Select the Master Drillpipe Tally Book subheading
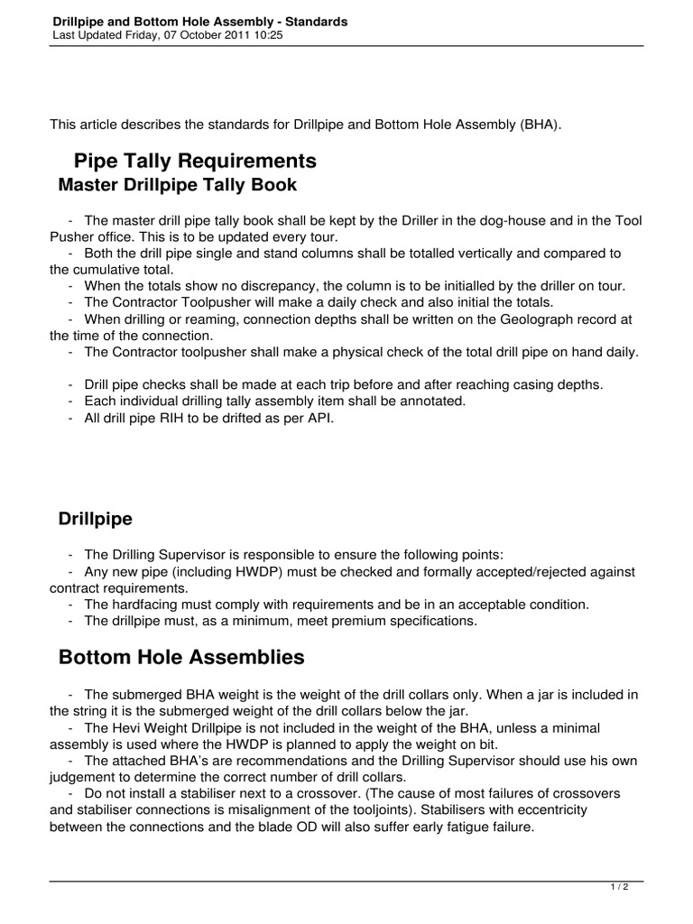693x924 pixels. click(x=178, y=186)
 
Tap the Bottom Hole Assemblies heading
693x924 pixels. click(x=181, y=658)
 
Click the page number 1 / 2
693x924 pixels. click(x=620, y=888)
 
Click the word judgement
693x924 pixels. click(x=84, y=776)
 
